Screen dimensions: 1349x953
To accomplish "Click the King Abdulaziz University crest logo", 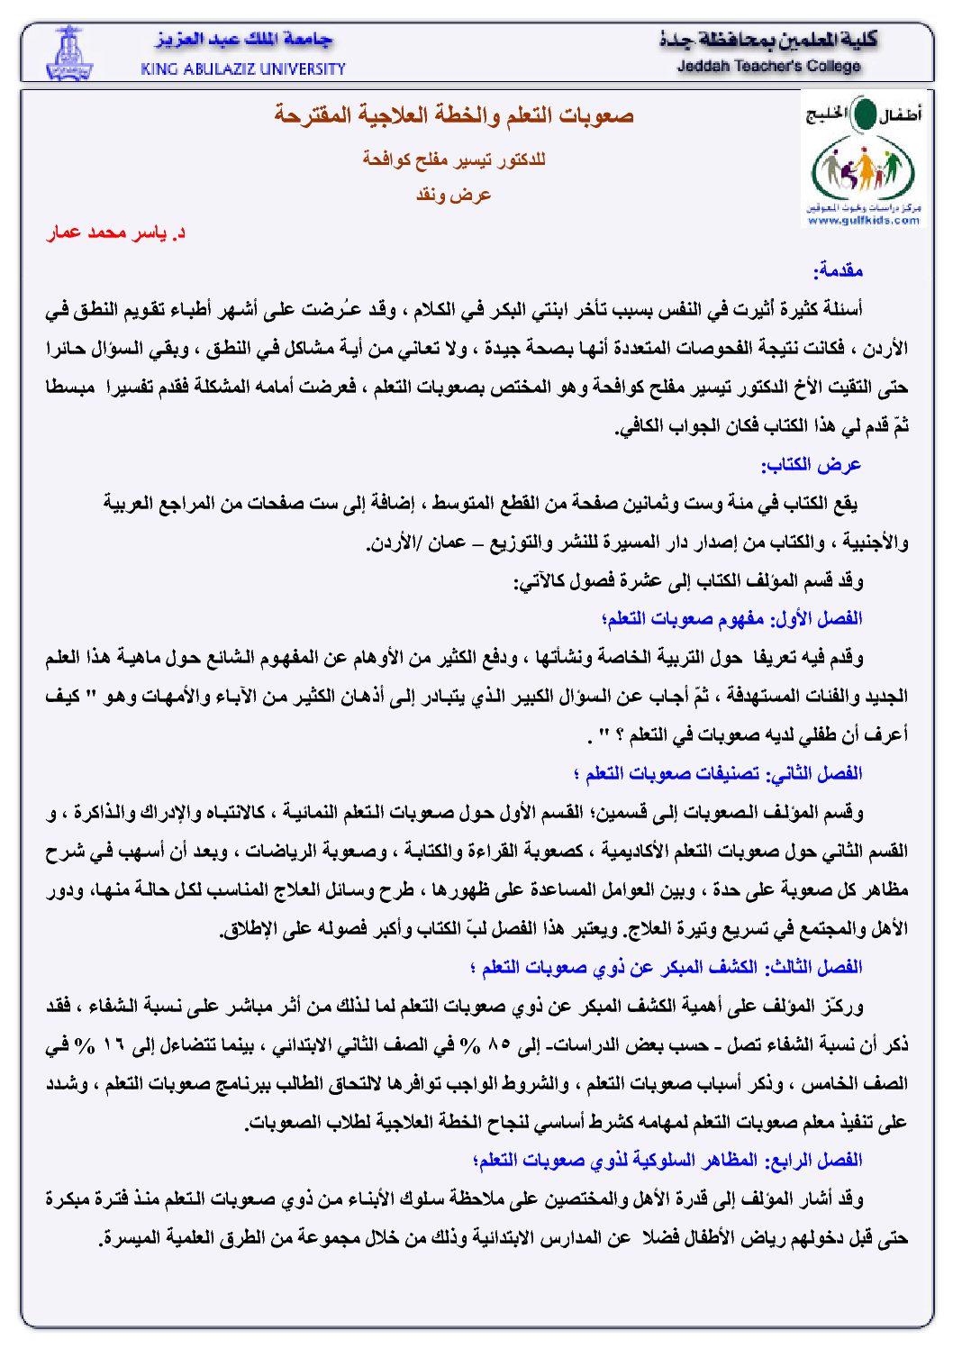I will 68,54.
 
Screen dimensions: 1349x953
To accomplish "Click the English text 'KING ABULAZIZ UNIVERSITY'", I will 243,68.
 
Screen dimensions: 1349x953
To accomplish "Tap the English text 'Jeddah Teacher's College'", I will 768,66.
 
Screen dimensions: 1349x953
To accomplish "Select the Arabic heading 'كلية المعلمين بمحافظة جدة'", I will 768,41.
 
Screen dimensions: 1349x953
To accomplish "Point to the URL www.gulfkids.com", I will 863,220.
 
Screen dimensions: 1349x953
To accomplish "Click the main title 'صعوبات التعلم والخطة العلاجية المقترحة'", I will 454,115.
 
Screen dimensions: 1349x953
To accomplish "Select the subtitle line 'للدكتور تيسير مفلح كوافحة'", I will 454,160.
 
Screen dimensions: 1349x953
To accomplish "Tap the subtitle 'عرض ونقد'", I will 454,195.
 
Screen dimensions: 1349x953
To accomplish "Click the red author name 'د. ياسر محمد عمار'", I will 116,233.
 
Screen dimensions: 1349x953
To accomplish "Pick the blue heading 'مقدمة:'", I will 838,270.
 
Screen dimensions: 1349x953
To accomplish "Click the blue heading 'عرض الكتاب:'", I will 811,465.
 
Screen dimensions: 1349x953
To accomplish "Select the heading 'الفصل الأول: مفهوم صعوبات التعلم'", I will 731,619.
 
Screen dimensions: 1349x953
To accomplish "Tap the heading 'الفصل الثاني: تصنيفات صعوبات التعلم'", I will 718,774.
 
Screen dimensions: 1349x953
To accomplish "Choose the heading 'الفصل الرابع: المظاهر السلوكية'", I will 667,1161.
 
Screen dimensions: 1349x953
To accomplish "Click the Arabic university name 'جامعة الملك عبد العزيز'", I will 244,41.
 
